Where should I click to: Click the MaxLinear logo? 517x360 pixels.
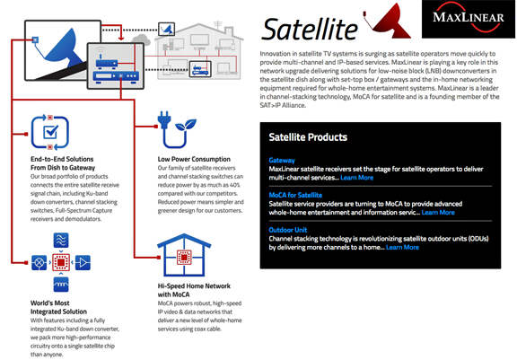469,19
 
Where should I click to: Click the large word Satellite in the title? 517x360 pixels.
310,30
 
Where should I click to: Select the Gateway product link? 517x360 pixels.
282,160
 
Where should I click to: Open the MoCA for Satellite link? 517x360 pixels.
295,195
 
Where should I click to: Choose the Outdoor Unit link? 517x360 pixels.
288,230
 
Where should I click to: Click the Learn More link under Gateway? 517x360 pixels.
356,178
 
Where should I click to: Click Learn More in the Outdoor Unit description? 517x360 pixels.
402,247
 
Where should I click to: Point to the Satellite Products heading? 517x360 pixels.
308,137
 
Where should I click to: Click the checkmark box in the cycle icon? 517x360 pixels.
51,132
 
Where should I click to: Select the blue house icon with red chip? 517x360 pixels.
184,255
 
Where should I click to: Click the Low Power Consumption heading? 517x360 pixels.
194,159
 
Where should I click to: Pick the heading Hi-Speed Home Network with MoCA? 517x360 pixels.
194,290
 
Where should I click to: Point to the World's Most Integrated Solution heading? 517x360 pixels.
58,307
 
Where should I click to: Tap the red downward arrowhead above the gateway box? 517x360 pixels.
121,38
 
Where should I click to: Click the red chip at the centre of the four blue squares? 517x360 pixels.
61,262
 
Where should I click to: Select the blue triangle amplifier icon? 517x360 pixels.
83,262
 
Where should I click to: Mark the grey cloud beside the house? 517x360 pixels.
142,40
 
